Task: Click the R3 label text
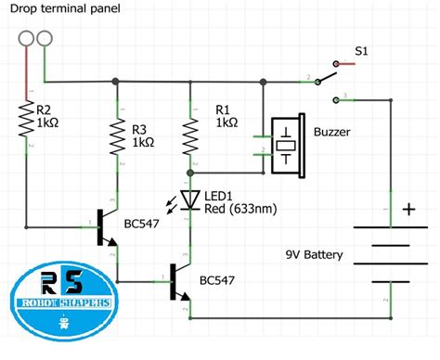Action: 139,129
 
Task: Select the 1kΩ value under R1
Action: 226,122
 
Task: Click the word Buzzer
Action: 332,133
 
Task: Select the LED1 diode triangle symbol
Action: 190,199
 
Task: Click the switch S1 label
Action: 365,52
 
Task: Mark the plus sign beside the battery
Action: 408,209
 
